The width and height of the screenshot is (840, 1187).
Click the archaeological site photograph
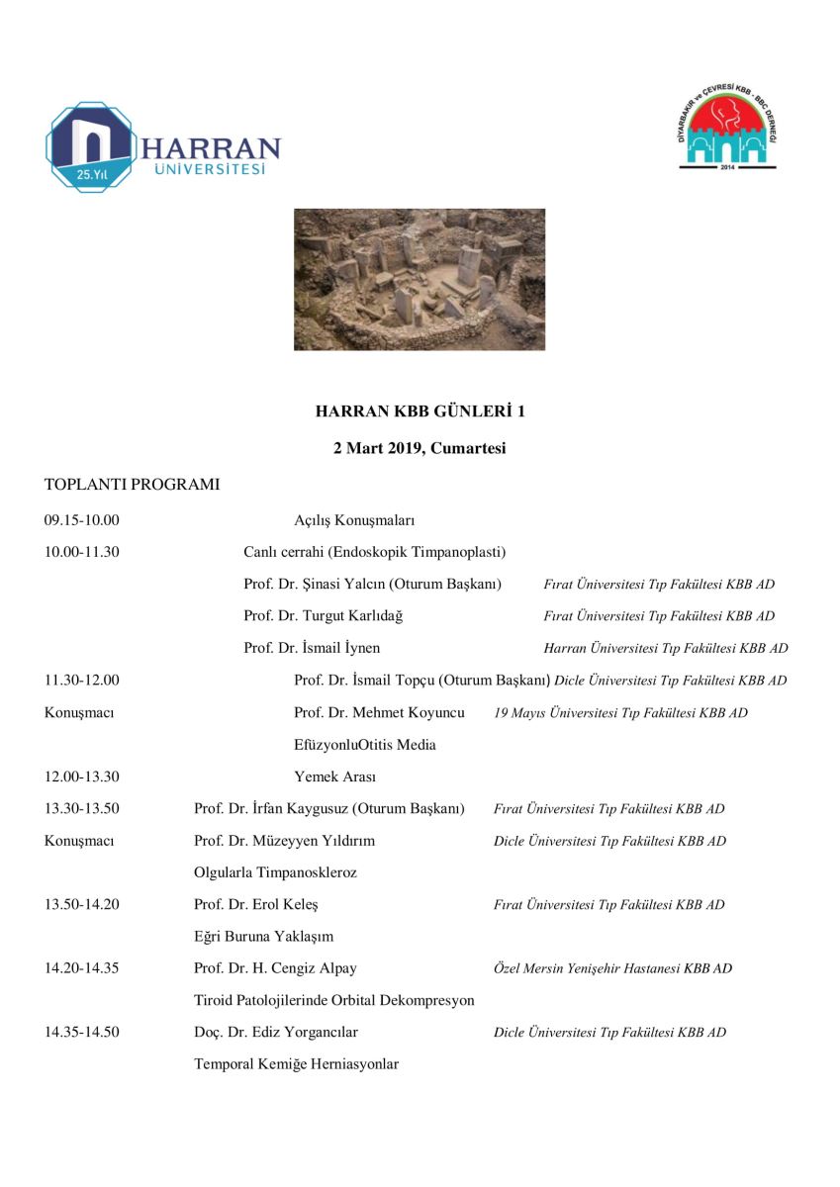coord(420,279)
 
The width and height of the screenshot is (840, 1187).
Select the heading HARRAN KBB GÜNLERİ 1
coord(420,411)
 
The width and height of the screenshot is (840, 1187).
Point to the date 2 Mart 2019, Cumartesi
coord(420,448)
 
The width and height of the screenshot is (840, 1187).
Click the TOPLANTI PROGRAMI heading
coord(132,486)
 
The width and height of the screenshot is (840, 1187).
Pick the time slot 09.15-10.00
coord(82,520)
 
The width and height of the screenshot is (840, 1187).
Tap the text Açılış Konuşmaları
coord(354,520)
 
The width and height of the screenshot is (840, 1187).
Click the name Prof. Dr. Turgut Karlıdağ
coord(324,616)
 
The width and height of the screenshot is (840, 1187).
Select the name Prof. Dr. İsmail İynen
coord(312,649)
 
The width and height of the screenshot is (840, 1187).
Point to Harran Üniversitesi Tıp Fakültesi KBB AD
coord(666,649)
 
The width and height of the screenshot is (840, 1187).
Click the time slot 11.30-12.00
coord(82,681)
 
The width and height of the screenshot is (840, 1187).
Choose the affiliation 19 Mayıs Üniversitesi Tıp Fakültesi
coord(620,713)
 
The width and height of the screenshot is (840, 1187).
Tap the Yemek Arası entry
coord(334,776)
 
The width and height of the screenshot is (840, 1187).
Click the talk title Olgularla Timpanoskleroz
coord(275,873)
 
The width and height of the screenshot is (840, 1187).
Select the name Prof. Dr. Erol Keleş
coord(256,905)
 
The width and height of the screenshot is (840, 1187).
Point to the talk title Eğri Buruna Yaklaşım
coord(263,937)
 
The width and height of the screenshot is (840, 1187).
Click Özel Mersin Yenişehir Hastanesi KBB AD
coord(612,969)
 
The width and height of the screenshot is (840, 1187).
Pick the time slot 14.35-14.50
coord(82,1033)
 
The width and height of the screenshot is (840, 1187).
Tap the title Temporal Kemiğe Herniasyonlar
coord(296,1064)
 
